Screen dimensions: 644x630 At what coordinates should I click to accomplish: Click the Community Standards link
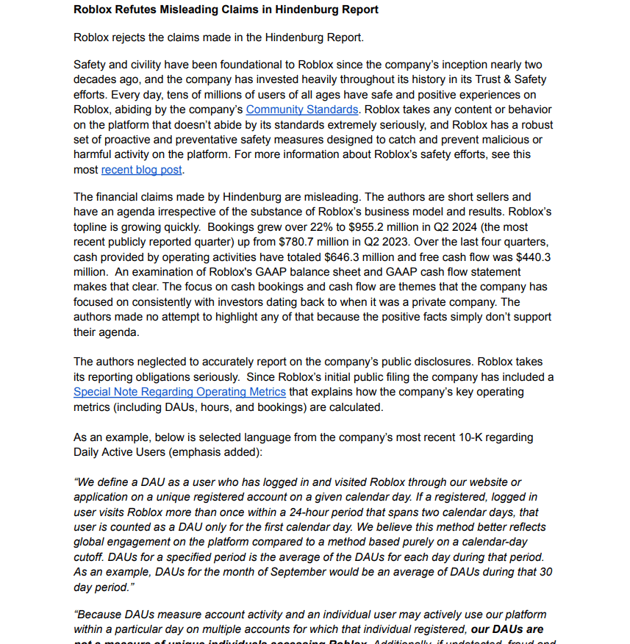coord(301,110)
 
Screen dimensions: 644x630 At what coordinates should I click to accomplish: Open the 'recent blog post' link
coord(141,169)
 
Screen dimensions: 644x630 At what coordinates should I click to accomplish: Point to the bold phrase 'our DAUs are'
coord(507,629)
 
